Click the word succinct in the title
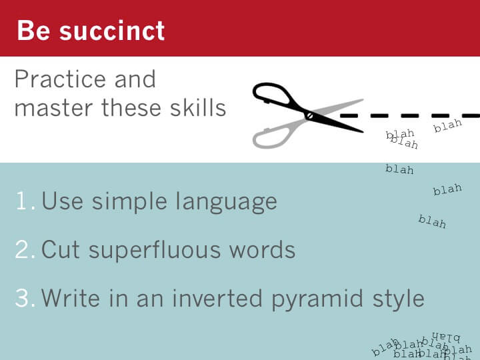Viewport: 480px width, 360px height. (x=112, y=31)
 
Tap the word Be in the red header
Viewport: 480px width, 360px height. (x=33, y=30)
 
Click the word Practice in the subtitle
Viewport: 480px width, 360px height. (x=60, y=79)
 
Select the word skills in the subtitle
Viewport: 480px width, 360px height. (x=198, y=108)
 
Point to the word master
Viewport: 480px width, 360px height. (x=53, y=109)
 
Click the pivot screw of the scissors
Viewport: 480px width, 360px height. (x=309, y=116)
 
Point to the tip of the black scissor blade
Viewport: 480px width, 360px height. (x=363, y=132)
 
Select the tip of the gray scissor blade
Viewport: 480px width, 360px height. (x=363, y=99)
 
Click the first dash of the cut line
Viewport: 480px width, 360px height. (x=349, y=116)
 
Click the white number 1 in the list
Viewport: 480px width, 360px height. (x=23, y=201)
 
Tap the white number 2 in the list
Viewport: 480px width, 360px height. (x=22, y=249)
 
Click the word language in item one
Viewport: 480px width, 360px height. (x=226, y=203)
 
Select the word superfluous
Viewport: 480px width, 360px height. (x=155, y=249)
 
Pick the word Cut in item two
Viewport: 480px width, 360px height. (x=61, y=250)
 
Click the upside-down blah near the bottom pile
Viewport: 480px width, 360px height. (x=446, y=337)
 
